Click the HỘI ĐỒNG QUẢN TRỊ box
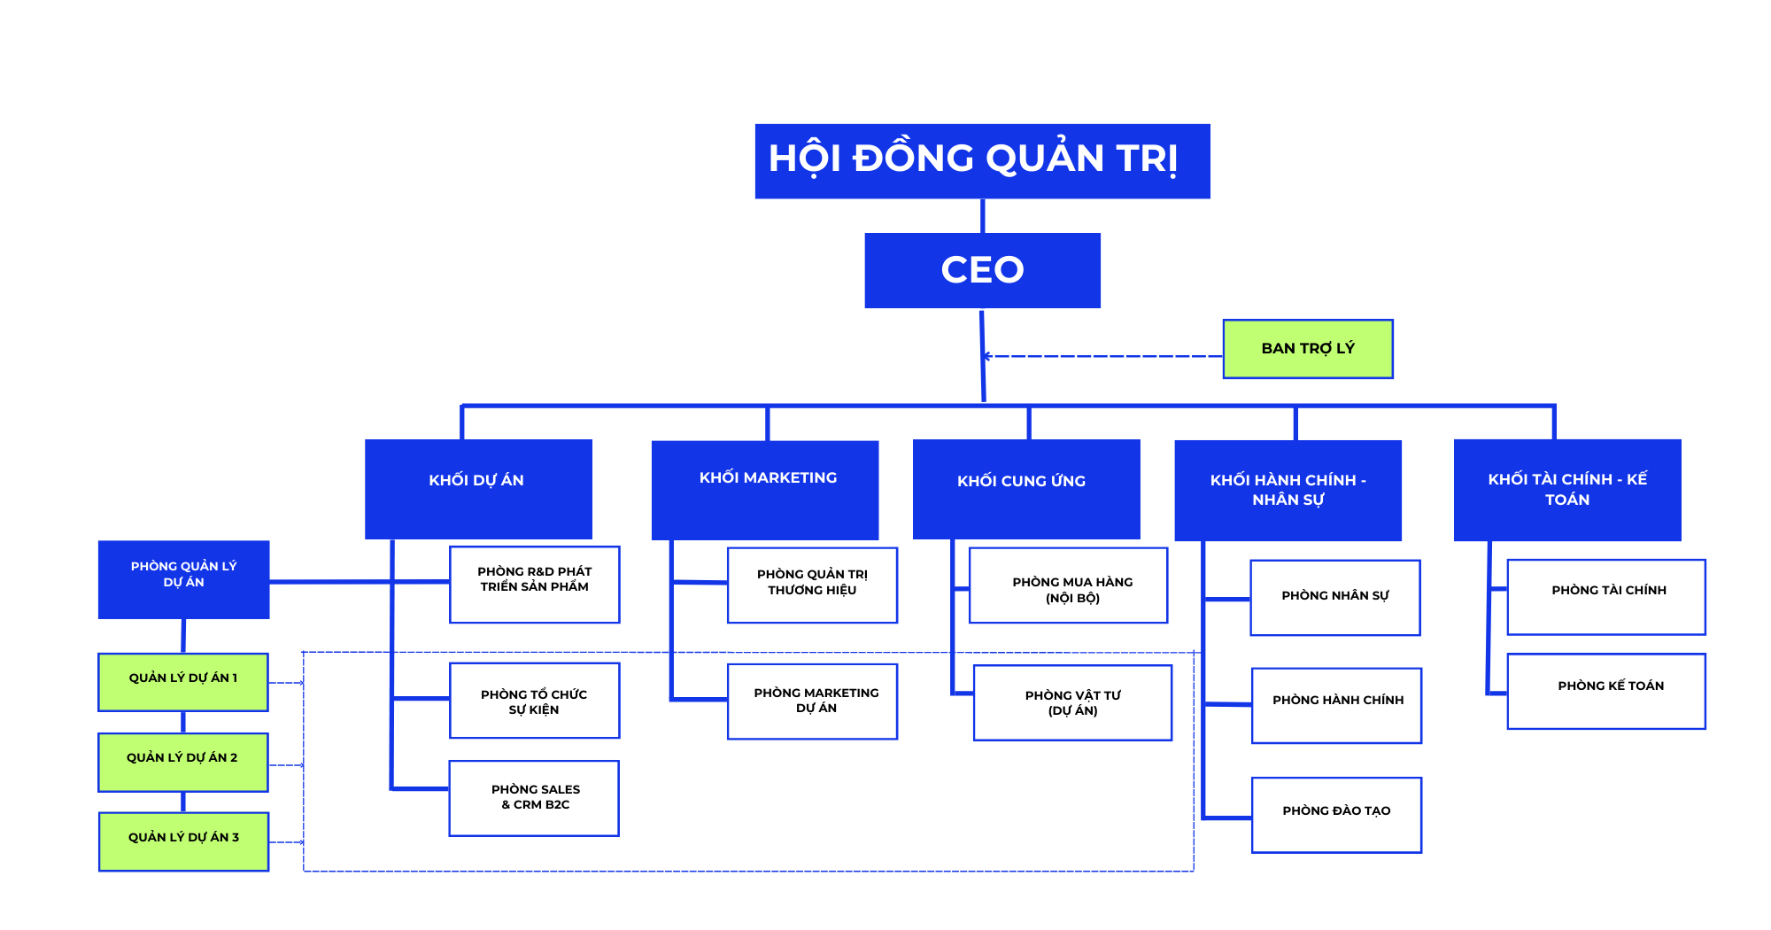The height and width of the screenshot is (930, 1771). coord(982,161)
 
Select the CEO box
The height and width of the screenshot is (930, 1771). coord(982,270)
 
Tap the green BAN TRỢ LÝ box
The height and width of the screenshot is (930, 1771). coord(1307,349)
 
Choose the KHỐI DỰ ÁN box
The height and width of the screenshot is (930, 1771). coord(478,489)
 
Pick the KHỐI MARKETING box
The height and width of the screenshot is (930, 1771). coord(765,490)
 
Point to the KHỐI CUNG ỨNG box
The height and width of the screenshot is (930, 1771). coord(1026,489)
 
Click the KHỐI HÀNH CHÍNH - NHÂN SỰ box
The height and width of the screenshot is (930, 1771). coord(1288,490)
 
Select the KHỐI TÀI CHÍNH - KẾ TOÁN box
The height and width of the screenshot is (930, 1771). coord(1567,490)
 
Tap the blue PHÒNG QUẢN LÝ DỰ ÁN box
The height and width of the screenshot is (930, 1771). coord(183,579)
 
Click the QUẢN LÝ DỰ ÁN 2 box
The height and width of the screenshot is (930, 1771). coord(183,762)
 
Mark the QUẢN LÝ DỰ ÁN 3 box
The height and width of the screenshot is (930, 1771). coord(183,841)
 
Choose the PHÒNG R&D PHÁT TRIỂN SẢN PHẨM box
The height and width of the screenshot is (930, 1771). coord(534,585)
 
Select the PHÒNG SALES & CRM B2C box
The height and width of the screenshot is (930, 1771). coord(534,798)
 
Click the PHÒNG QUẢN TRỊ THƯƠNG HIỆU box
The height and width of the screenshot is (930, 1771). coord(812,585)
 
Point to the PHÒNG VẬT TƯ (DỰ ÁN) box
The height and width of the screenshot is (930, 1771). coord(1072,702)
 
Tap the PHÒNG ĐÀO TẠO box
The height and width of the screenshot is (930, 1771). coord(1336,815)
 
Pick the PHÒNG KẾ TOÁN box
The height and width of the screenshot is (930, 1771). coord(1606,691)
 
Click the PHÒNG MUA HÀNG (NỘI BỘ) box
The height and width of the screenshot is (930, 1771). coord(1068,585)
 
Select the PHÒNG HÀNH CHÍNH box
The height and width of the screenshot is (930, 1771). coord(1336,705)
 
